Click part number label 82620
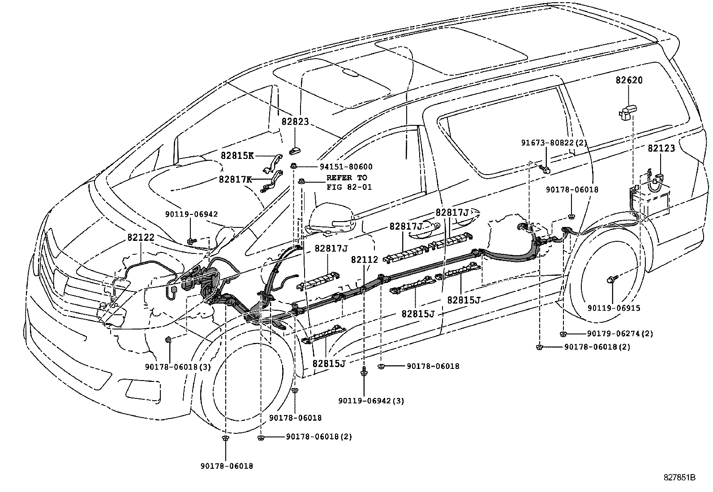pos(628,81)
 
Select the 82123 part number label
pos(661,149)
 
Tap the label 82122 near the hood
pos(140,238)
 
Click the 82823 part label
pos(295,122)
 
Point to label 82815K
pos(237,155)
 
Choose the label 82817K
pos(235,179)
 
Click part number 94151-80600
pos(346,167)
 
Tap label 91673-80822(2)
pos(554,143)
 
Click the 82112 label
pos(364,259)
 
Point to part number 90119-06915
pos(614,308)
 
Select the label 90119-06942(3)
pos(371,401)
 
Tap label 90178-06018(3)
pos(178,367)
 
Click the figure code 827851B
pos(679,478)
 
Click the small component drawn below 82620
pos(628,111)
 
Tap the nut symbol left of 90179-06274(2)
pos(564,334)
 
